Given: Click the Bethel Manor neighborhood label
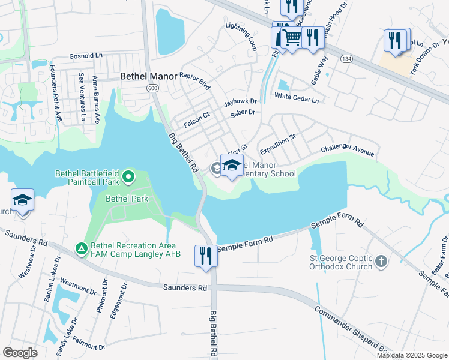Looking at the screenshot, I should tap(148, 76).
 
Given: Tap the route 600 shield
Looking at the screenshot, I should tap(152, 88).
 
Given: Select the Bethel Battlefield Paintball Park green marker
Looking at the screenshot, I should tap(128, 177).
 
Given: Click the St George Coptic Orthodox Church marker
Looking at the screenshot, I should tap(382, 261).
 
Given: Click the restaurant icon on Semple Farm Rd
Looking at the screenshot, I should tap(205, 255).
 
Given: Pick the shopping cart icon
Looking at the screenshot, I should tap(292, 38).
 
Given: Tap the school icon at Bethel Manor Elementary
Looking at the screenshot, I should tap(232, 165).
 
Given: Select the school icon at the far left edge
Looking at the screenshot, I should tap(22, 200).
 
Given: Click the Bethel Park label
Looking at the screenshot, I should tap(127, 198).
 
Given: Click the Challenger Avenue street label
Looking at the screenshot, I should tap(348, 148).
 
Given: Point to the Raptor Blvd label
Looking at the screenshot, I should tap(196, 80).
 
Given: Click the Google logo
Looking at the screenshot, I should tap(20, 353).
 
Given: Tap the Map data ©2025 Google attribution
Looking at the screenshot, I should tap(412, 355).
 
